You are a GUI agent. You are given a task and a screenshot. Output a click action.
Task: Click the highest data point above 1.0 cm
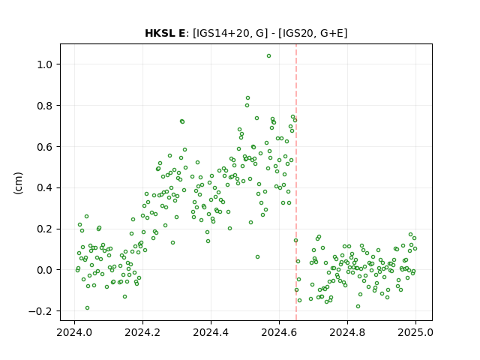268,56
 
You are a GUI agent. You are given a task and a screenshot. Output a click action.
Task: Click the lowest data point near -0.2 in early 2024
87,308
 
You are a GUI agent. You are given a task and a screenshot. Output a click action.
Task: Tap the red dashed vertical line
296,182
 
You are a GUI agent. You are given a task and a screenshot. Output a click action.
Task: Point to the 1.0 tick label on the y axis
45,64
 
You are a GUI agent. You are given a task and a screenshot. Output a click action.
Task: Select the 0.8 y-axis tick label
45,106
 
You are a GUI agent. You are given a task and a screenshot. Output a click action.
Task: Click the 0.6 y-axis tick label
45,147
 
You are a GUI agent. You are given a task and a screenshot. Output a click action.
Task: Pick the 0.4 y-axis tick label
45,188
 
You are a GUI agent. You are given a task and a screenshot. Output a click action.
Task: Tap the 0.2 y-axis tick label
45,229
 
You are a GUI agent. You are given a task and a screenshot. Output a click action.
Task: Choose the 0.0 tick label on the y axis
45,270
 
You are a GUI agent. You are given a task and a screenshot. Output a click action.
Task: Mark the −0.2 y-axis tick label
40,311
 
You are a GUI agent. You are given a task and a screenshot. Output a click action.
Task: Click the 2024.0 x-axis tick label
74,332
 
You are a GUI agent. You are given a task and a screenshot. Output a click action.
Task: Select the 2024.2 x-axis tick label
142,332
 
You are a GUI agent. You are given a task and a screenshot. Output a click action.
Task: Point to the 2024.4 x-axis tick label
211,332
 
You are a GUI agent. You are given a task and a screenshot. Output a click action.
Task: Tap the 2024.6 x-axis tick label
279,332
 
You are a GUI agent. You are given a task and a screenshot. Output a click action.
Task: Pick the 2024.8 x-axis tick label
347,332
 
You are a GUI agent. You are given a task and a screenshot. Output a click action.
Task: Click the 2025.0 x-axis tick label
415,332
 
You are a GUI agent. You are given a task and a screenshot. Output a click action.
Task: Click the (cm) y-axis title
18,183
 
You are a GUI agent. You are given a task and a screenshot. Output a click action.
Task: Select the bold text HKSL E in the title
165,33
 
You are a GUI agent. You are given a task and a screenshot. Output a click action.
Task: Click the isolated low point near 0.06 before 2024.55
257,256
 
